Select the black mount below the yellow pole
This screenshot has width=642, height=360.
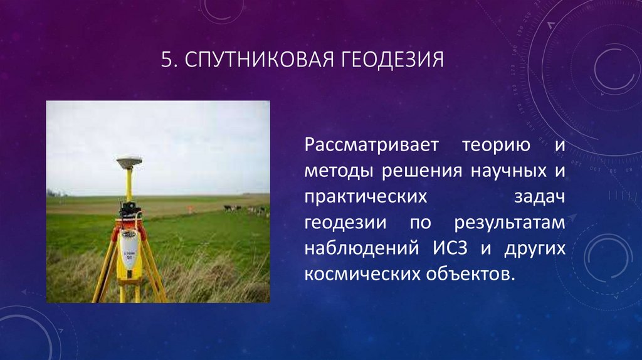point(130,206)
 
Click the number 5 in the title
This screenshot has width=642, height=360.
point(166,60)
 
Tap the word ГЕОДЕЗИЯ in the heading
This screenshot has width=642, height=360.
point(392,60)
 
